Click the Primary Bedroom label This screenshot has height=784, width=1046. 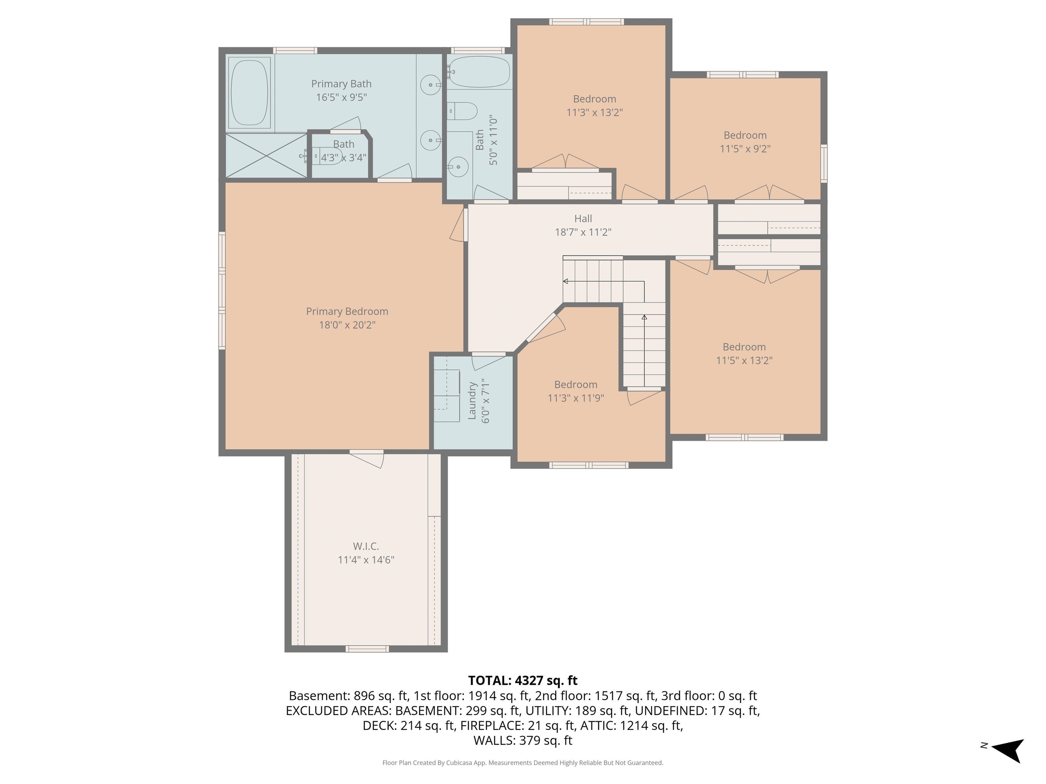coord(347,311)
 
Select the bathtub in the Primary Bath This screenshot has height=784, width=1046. coord(249,92)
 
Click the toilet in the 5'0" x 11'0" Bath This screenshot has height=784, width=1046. coord(463,111)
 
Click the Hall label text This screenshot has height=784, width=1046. coord(583,219)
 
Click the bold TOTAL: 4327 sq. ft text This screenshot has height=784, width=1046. coord(523,681)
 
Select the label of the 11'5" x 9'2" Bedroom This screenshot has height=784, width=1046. coord(745,135)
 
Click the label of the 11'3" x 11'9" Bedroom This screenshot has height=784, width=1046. coord(575,385)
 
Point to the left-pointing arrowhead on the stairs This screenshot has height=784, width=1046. coord(566,282)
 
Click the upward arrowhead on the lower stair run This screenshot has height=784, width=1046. coord(644,317)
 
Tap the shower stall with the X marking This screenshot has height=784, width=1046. coord(266,156)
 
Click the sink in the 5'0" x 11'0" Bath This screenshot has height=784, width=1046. coord(458,167)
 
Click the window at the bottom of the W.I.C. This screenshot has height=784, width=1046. coord(367,649)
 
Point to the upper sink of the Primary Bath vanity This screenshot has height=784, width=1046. coord(430,85)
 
